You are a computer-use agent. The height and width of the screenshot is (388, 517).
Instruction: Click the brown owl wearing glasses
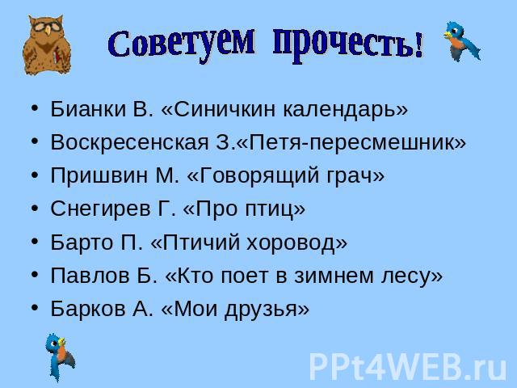pyautogui.click(x=47, y=45)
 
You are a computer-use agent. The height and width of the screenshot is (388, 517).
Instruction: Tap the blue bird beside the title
pyautogui.click(x=461, y=41)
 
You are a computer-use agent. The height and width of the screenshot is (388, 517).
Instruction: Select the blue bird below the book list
pyautogui.click(x=60, y=357)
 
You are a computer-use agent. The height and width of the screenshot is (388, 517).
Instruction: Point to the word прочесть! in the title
pyautogui.click(x=348, y=46)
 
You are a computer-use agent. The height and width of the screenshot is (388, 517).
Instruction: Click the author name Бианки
pyautogui.click(x=88, y=108)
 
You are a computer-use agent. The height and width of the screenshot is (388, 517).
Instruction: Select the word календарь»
pyautogui.click(x=346, y=109)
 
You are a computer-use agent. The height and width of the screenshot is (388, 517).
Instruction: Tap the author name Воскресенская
pyautogui.click(x=129, y=142)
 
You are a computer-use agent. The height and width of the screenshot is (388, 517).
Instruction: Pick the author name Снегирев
pyautogui.click(x=100, y=209)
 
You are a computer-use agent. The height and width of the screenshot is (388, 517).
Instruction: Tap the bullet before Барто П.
pyautogui.click(x=35, y=241)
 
